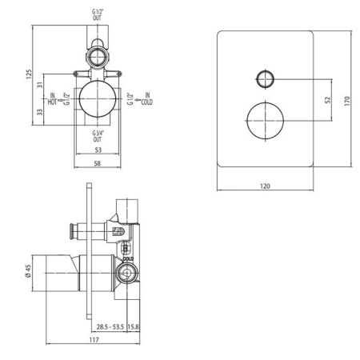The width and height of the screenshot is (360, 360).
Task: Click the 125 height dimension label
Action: (x=29, y=74)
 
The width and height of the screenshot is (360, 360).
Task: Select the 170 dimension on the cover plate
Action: (x=347, y=102)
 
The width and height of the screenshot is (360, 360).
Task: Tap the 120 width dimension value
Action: (x=265, y=186)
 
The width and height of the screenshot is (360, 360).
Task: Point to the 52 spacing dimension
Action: (x=328, y=100)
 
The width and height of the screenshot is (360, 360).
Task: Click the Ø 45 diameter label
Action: (x=28, y=272)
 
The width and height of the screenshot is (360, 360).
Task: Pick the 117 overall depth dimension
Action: (x=94, y=340)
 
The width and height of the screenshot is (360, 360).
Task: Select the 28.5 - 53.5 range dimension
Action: (x=110, y=326)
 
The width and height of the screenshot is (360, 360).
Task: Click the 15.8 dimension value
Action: (x=133, y=326)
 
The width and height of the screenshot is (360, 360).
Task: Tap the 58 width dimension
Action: (x=98, y=163)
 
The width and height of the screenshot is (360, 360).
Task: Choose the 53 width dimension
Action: (x=98, y=150)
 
